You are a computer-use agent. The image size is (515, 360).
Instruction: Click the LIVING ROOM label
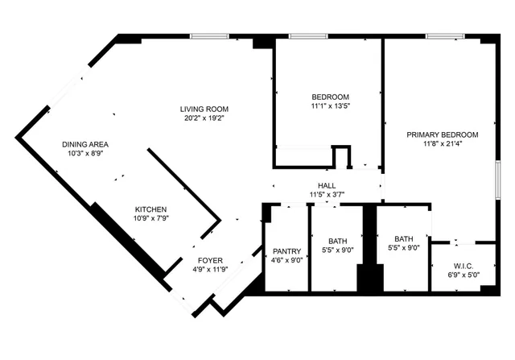coord(204,110)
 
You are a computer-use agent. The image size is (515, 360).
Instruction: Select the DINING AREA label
coord(85,145)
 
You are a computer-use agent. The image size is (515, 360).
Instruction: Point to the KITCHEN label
coord(150,209)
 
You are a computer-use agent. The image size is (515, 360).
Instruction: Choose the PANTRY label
coord(286,250)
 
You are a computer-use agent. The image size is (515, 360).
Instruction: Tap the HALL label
coord(327,185)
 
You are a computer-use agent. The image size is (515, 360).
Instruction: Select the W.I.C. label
coord(462,265)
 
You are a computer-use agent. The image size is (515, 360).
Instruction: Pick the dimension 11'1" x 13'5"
coord(331,106)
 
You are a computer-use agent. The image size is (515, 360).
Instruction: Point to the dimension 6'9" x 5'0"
coord(462,275)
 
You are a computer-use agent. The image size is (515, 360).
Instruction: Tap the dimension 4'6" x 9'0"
coord(286,261)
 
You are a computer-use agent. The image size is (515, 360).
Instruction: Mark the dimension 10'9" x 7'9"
coord(150,219)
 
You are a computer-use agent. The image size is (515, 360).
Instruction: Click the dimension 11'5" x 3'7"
coord(327,195)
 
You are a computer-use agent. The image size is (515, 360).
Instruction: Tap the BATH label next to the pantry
coord(338,241)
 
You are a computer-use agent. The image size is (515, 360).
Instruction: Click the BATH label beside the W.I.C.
coord(403,238)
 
